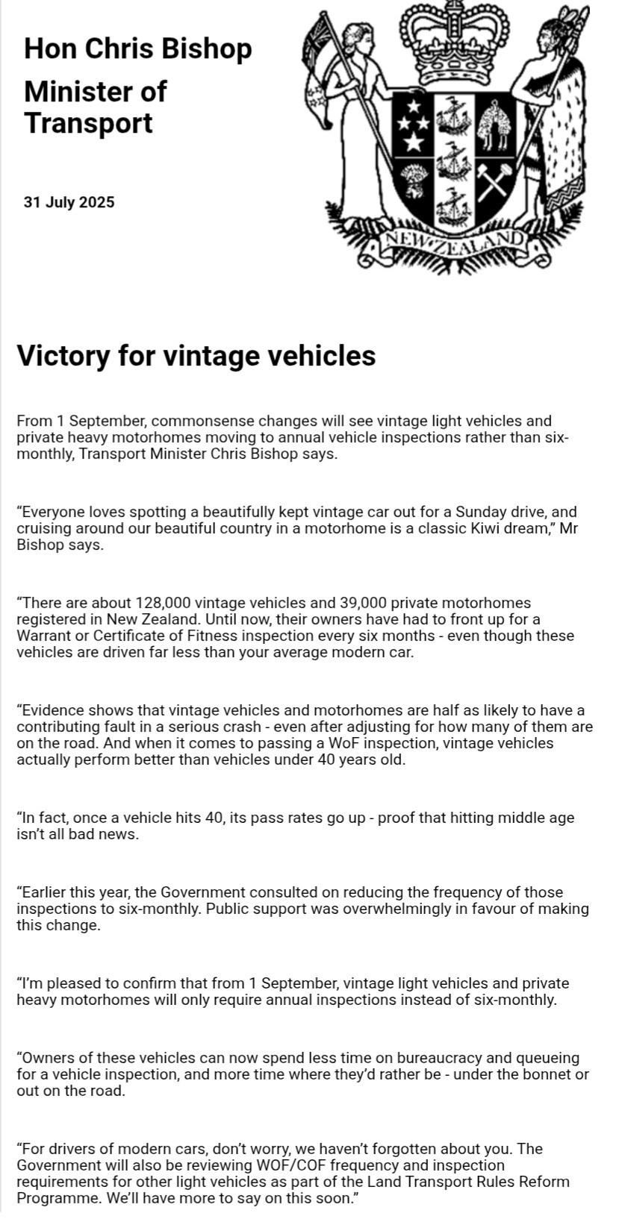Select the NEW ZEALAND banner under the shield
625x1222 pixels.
[454, 243]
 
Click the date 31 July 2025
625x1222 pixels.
[69, 202]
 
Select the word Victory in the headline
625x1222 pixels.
[63, 356]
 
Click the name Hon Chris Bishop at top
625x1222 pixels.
[138, 48]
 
